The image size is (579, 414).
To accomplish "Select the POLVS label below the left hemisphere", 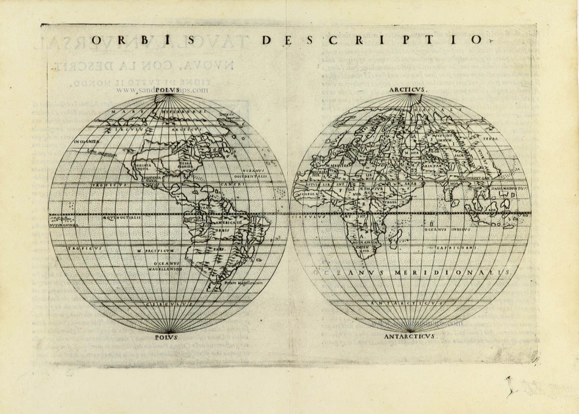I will [x=167, y=337].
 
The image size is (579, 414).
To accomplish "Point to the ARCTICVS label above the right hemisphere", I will [x=408, y=90].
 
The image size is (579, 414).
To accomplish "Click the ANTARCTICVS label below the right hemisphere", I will [x=410, y=337].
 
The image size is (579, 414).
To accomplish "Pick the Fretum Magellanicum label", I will [x=243, y=283].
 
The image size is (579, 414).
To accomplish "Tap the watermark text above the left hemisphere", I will [x=162, y=90].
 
